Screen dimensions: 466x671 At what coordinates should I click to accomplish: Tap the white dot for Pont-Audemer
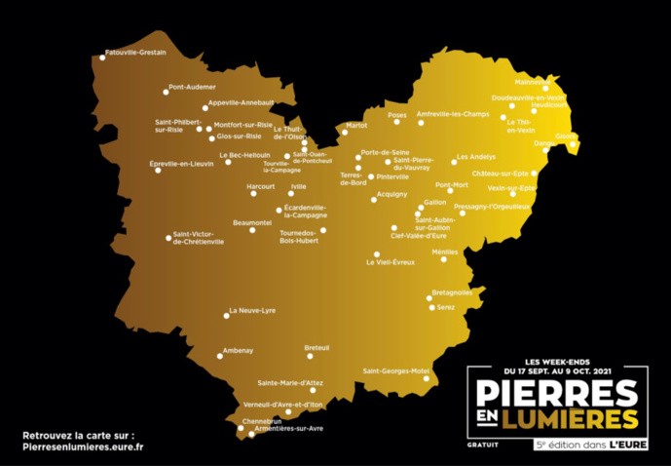coord(167,93)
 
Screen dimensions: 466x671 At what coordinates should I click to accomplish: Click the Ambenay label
coord(238,350)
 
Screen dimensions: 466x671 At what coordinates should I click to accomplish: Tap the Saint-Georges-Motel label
coord(396,370)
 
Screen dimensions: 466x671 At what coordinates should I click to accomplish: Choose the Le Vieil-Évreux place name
coord(391,262)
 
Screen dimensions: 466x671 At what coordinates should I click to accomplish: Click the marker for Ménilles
coord(443,259)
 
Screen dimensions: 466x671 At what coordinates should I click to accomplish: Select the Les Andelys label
coord(476,157)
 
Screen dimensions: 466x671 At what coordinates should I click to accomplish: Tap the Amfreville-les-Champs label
coord(453,114)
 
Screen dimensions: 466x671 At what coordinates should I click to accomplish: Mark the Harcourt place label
coord(261,185)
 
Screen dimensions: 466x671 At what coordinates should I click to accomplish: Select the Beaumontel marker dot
coord(252,230)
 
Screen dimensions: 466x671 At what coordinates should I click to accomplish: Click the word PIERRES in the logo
coord(556,393)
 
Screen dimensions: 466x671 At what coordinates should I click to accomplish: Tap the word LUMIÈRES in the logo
coord(570,418)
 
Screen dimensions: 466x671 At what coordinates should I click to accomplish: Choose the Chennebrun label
coord(261,420)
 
